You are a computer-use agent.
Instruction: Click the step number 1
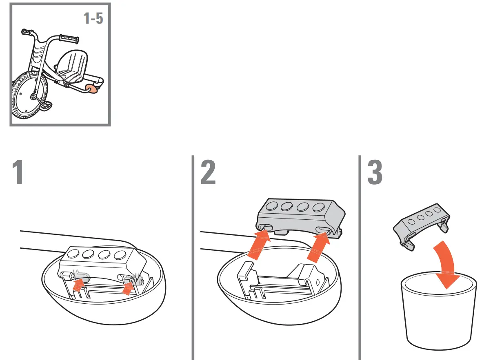[17, 172]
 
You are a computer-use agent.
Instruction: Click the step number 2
[208, 172]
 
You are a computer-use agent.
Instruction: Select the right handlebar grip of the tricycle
[69, 40]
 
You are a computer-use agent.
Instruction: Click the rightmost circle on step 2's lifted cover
[318, 208]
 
